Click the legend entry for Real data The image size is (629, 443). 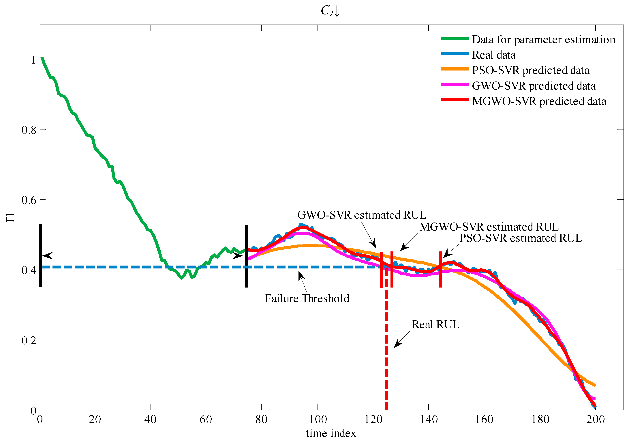(x=494, y=55)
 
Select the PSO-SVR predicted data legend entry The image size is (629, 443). (x=530, y=71)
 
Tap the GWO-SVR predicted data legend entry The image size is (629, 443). (x=534, y=86)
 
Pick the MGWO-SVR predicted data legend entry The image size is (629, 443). (x=539, y=101)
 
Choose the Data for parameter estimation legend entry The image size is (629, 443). (x=544, y=40)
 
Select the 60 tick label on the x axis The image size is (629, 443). (x=206, y=419)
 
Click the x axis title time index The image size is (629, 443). (x=331, y=434)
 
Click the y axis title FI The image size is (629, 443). (x=10, y=218)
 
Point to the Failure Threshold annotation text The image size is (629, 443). (x=307, y=299)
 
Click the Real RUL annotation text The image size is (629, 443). (x=435, y=325)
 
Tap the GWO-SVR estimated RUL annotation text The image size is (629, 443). (x=362, y=215)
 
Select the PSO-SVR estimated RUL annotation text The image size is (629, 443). (x=521, y=238)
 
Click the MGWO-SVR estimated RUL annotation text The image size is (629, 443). (x=489, y=227)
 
